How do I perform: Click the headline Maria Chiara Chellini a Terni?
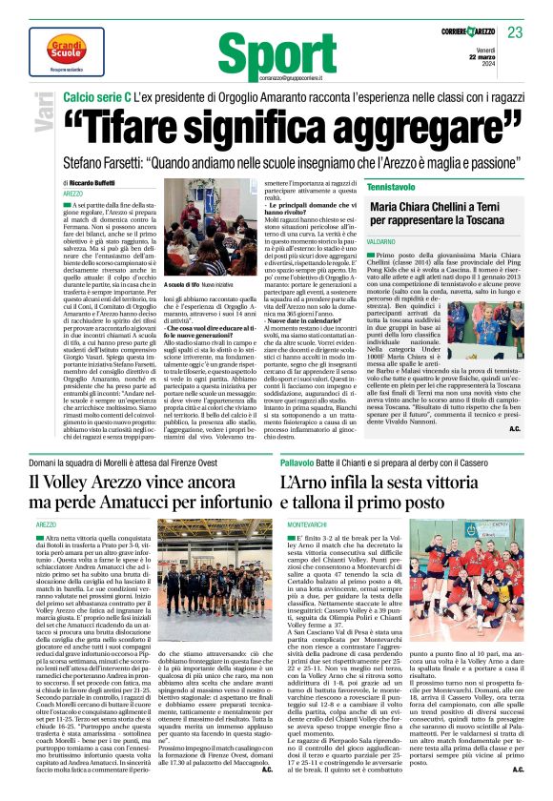pyautogui.click(x=447, y=209)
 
